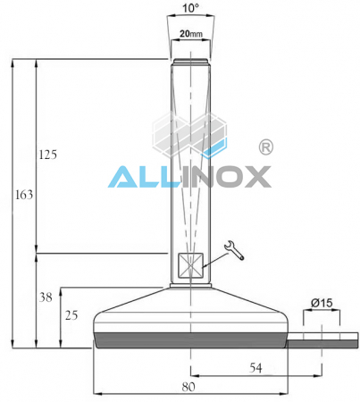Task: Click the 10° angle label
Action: pos(189,8)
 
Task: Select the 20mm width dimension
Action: pos(189,34)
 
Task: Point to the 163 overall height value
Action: pos(23,192)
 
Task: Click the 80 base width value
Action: pos(188,387)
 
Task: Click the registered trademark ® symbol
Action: pos(265,146)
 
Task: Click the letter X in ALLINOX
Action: pos(253,175)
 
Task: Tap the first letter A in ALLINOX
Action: pos(123,175)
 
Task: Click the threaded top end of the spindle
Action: pos(189,63)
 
